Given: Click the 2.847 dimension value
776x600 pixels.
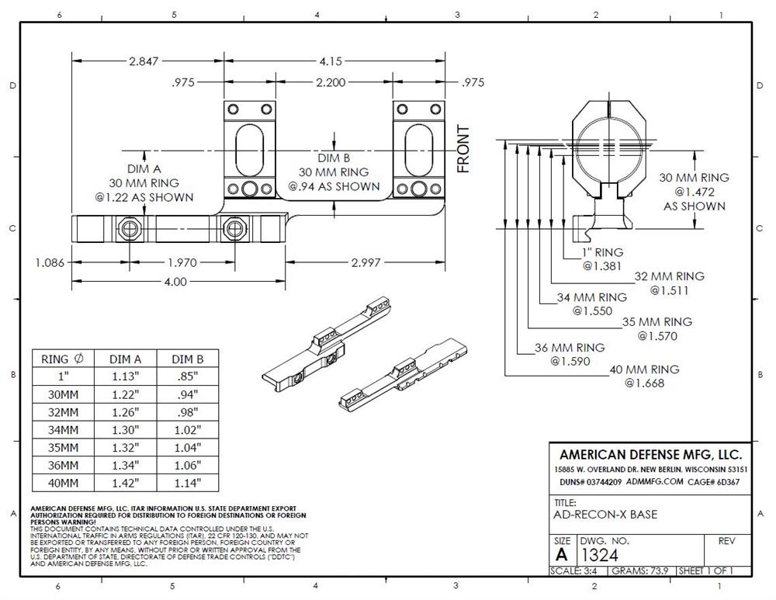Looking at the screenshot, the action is pos(144,61).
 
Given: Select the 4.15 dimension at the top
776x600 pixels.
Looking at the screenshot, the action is pos(331,61).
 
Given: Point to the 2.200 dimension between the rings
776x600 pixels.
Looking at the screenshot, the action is pos(331,82).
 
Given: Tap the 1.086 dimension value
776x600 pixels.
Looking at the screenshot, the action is pos(50,262).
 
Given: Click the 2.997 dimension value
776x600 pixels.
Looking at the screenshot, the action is pos(365,262).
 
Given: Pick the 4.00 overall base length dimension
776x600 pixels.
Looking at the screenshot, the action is pos(175,282).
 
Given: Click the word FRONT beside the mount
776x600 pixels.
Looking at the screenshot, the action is pos(463,148).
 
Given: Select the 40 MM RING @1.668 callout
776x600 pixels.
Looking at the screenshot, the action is pos(644,376).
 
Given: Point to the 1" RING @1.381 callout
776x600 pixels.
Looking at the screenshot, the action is pos(602,259).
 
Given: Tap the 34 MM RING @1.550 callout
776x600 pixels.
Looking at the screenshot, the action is pos(592,304).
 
